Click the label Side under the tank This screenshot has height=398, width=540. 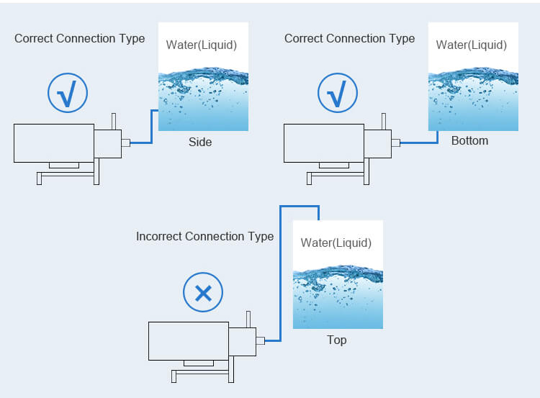(200, 142)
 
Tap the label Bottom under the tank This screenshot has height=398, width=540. (469, 140)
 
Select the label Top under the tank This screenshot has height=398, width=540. (336, 340)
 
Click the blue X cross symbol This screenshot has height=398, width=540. (203, 294)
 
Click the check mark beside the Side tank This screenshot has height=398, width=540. (68, 94)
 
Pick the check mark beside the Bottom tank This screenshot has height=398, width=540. (338, 94)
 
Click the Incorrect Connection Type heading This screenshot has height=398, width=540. (205, 237)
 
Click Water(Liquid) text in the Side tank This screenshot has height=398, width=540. (202, 45)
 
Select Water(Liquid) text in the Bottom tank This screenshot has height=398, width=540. (472, 45)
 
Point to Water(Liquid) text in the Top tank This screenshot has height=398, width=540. (336, 243)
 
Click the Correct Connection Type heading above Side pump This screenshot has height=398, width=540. (79, 39)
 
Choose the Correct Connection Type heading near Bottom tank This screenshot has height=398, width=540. (349, 39)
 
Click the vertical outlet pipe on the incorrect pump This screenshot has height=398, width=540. (248, 320)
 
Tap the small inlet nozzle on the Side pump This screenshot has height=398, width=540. (126, 143)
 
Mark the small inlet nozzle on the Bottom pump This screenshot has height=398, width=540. (396, 143)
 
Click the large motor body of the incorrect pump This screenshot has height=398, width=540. (189, 341)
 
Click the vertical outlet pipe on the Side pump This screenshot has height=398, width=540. (114, 122)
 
